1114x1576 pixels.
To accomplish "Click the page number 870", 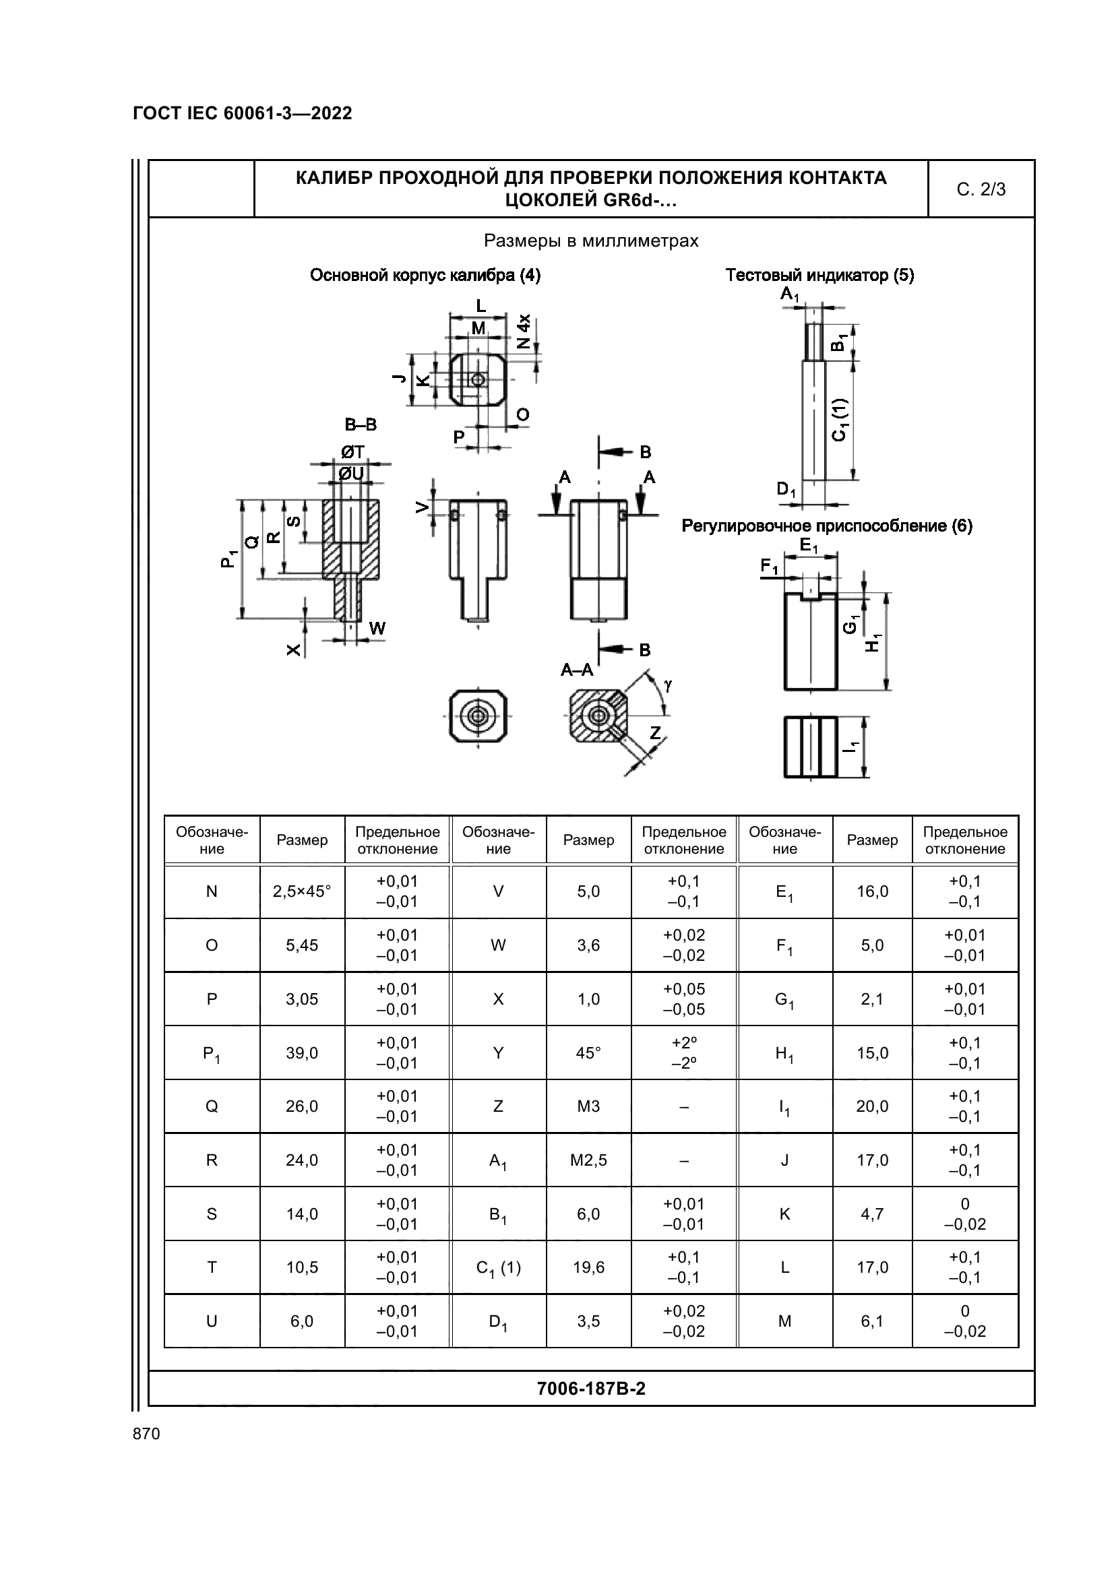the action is [146, 1433].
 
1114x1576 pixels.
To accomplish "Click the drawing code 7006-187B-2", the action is [591, 1389].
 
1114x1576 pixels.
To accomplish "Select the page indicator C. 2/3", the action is [981, 189].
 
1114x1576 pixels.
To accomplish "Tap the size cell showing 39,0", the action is [302, 1052].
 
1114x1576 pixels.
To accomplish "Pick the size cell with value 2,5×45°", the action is [302, 891].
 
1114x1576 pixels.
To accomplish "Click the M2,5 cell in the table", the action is [588, 1160].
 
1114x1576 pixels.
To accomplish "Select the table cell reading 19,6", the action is [588, 1267].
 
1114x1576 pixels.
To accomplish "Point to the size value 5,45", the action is [302, 945].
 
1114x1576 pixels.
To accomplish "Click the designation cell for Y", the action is [498, 1052].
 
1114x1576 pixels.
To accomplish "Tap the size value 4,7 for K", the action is [871, 1213].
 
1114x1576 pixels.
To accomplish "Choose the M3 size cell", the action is [588, 1106].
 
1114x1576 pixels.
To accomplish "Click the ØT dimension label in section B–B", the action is [353, 451].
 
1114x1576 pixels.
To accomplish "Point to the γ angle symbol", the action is [667, 685].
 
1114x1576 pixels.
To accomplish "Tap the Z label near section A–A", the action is [655, 732].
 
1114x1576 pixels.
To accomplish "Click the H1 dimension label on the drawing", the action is [873, 642].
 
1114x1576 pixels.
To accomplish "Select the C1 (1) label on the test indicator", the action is [841, 419].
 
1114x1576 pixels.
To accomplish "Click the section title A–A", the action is [577, 669].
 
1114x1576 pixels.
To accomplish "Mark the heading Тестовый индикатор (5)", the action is [819, 276].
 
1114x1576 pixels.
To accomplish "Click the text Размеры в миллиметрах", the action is [591, 241].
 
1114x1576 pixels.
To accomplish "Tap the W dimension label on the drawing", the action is [377, 628].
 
